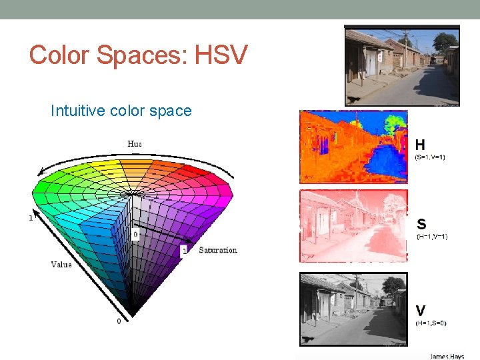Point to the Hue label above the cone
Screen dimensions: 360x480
(x=135, y=143)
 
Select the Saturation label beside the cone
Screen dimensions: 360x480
(x=217, y=250)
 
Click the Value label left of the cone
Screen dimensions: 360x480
(x=61, y=265)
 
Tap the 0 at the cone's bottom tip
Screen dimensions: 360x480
(x=119, y=321)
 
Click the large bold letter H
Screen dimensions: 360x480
(x=421, y=145)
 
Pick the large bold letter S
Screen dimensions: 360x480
(x=421, y=225)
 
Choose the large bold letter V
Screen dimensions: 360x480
(x=421, y=311)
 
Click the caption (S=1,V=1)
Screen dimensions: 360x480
(x=430, y=157)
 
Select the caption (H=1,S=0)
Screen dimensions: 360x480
(x=431, y=323)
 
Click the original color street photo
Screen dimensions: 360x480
(x=402, y=65)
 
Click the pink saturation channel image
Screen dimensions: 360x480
(x=353, y=225)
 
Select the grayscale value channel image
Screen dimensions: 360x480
(x=353, y=309)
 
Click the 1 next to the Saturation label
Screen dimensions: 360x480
(x=184, y=251)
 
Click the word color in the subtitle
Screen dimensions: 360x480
(x=128, y=111)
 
